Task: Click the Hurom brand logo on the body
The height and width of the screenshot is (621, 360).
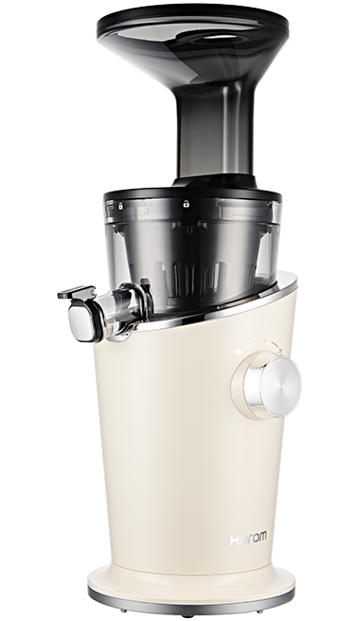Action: (x=248, y=539)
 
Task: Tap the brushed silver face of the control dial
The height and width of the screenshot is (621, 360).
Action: (x=280, y=387)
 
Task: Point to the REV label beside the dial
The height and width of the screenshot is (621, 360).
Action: (x=239, y=352)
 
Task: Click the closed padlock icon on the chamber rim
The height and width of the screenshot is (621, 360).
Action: (x=120, y=206)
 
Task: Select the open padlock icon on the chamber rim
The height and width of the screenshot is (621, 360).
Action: (x=186, y=204)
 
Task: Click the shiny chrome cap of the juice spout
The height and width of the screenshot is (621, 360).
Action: (x=81, y=321)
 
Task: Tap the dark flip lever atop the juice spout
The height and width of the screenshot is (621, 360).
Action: (x=77, y=293)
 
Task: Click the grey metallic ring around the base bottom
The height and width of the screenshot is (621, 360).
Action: (x=191, y=600)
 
